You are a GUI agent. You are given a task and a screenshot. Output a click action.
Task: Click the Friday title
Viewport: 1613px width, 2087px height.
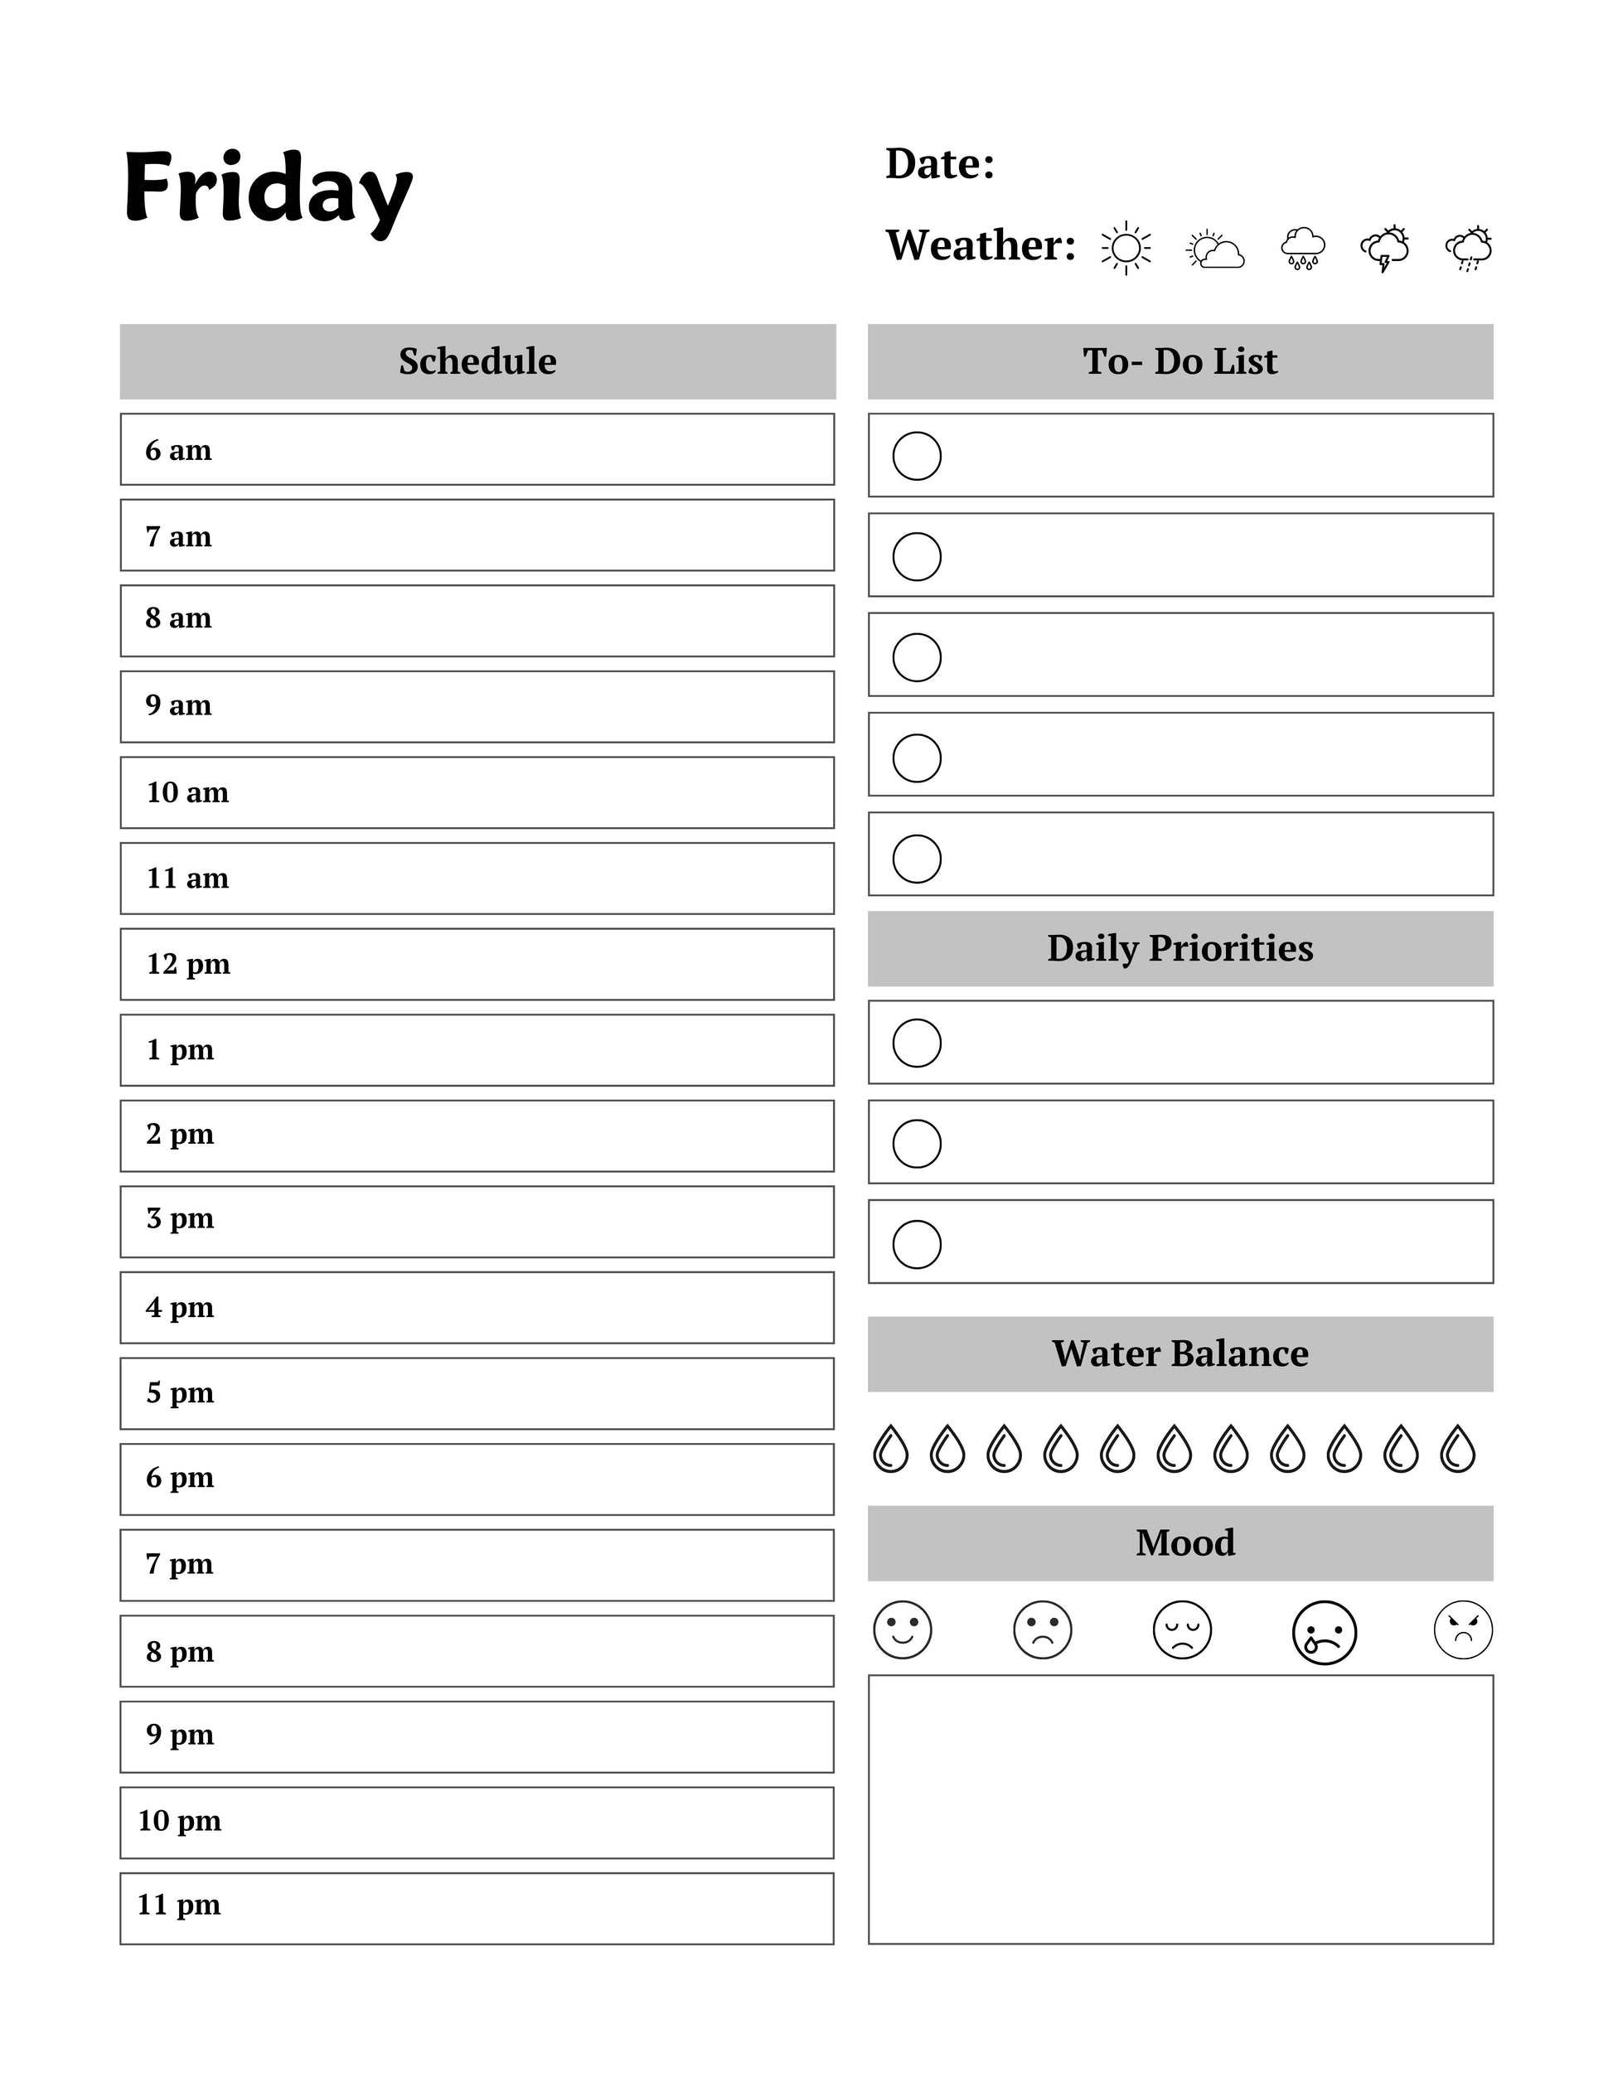click(268, 188)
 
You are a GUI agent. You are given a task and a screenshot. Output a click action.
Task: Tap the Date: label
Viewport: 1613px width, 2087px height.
click(939, 163)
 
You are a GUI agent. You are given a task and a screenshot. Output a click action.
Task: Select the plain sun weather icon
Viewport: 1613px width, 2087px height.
click(1126, 249)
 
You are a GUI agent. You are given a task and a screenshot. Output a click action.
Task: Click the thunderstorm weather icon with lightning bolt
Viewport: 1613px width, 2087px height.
click(1384, 249)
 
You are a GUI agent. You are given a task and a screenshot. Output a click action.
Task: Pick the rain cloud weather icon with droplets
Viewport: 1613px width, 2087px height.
click(1302, 249)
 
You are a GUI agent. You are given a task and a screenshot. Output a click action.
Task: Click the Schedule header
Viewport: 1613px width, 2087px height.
click(477, 361)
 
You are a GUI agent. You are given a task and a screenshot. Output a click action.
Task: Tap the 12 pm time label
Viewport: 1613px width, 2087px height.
click(188, 964)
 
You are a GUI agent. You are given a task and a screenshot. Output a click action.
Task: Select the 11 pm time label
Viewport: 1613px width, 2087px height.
click(179, 1905)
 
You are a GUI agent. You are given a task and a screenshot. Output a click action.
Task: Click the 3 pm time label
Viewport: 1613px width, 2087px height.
click(180, 1218)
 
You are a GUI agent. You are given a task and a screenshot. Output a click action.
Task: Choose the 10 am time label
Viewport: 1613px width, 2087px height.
click(187, 792)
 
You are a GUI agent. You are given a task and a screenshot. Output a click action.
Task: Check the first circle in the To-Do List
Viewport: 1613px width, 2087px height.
click(917, 456)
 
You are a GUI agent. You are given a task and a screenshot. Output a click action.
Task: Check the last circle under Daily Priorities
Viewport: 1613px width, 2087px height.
click(917, 1243)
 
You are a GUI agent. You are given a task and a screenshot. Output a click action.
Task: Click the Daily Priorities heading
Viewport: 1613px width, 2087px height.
click(1179, 948)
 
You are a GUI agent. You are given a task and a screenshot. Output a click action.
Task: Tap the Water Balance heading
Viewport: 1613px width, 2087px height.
click(1179, 1353)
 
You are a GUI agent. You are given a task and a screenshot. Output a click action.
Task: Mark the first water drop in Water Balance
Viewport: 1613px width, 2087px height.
click(890, 1449)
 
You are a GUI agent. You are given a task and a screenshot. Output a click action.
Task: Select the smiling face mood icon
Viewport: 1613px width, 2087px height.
click(902, 1629)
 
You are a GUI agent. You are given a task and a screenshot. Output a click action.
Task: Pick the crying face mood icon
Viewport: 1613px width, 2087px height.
click(1324, 1632)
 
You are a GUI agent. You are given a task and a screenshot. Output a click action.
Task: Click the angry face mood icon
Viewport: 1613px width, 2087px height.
click(1462, 1629)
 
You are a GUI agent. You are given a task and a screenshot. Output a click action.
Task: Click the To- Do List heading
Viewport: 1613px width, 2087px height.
click(1179, 361)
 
